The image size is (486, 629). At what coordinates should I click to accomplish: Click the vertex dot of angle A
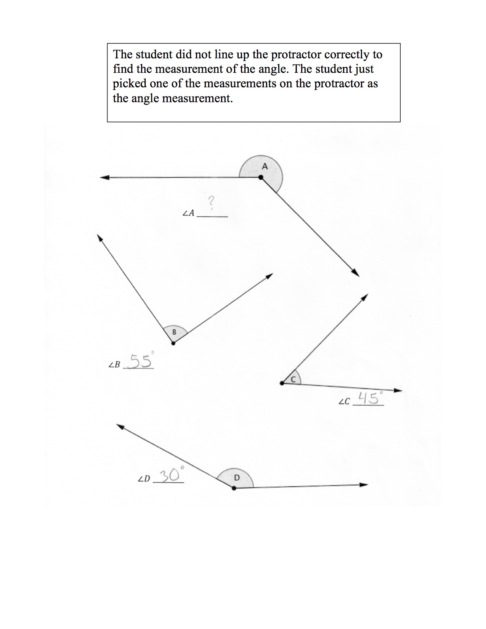click(x=261, y=177)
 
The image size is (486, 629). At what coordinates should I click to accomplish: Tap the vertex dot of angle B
click(x=173, y=343)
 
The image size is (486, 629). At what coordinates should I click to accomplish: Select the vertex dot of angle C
click(x=282, y=383)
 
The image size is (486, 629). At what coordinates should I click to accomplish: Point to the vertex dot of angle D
click(x=234, y=488)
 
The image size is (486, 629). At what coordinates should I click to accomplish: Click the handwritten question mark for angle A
click(x=212, y=201)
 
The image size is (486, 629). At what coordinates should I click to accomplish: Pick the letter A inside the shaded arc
click(x=265, y=166)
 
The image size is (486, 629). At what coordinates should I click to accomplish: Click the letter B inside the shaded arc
click(x=174, y=332)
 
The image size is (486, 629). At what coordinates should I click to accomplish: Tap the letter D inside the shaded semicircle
click(x=236, y=477)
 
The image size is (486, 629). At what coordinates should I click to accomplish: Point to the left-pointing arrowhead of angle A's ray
click(x=104, y=177)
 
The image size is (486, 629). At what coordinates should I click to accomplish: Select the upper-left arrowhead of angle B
click(x=100, y=237)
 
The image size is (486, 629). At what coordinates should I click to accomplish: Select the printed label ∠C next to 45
click(x=344, y=402)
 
